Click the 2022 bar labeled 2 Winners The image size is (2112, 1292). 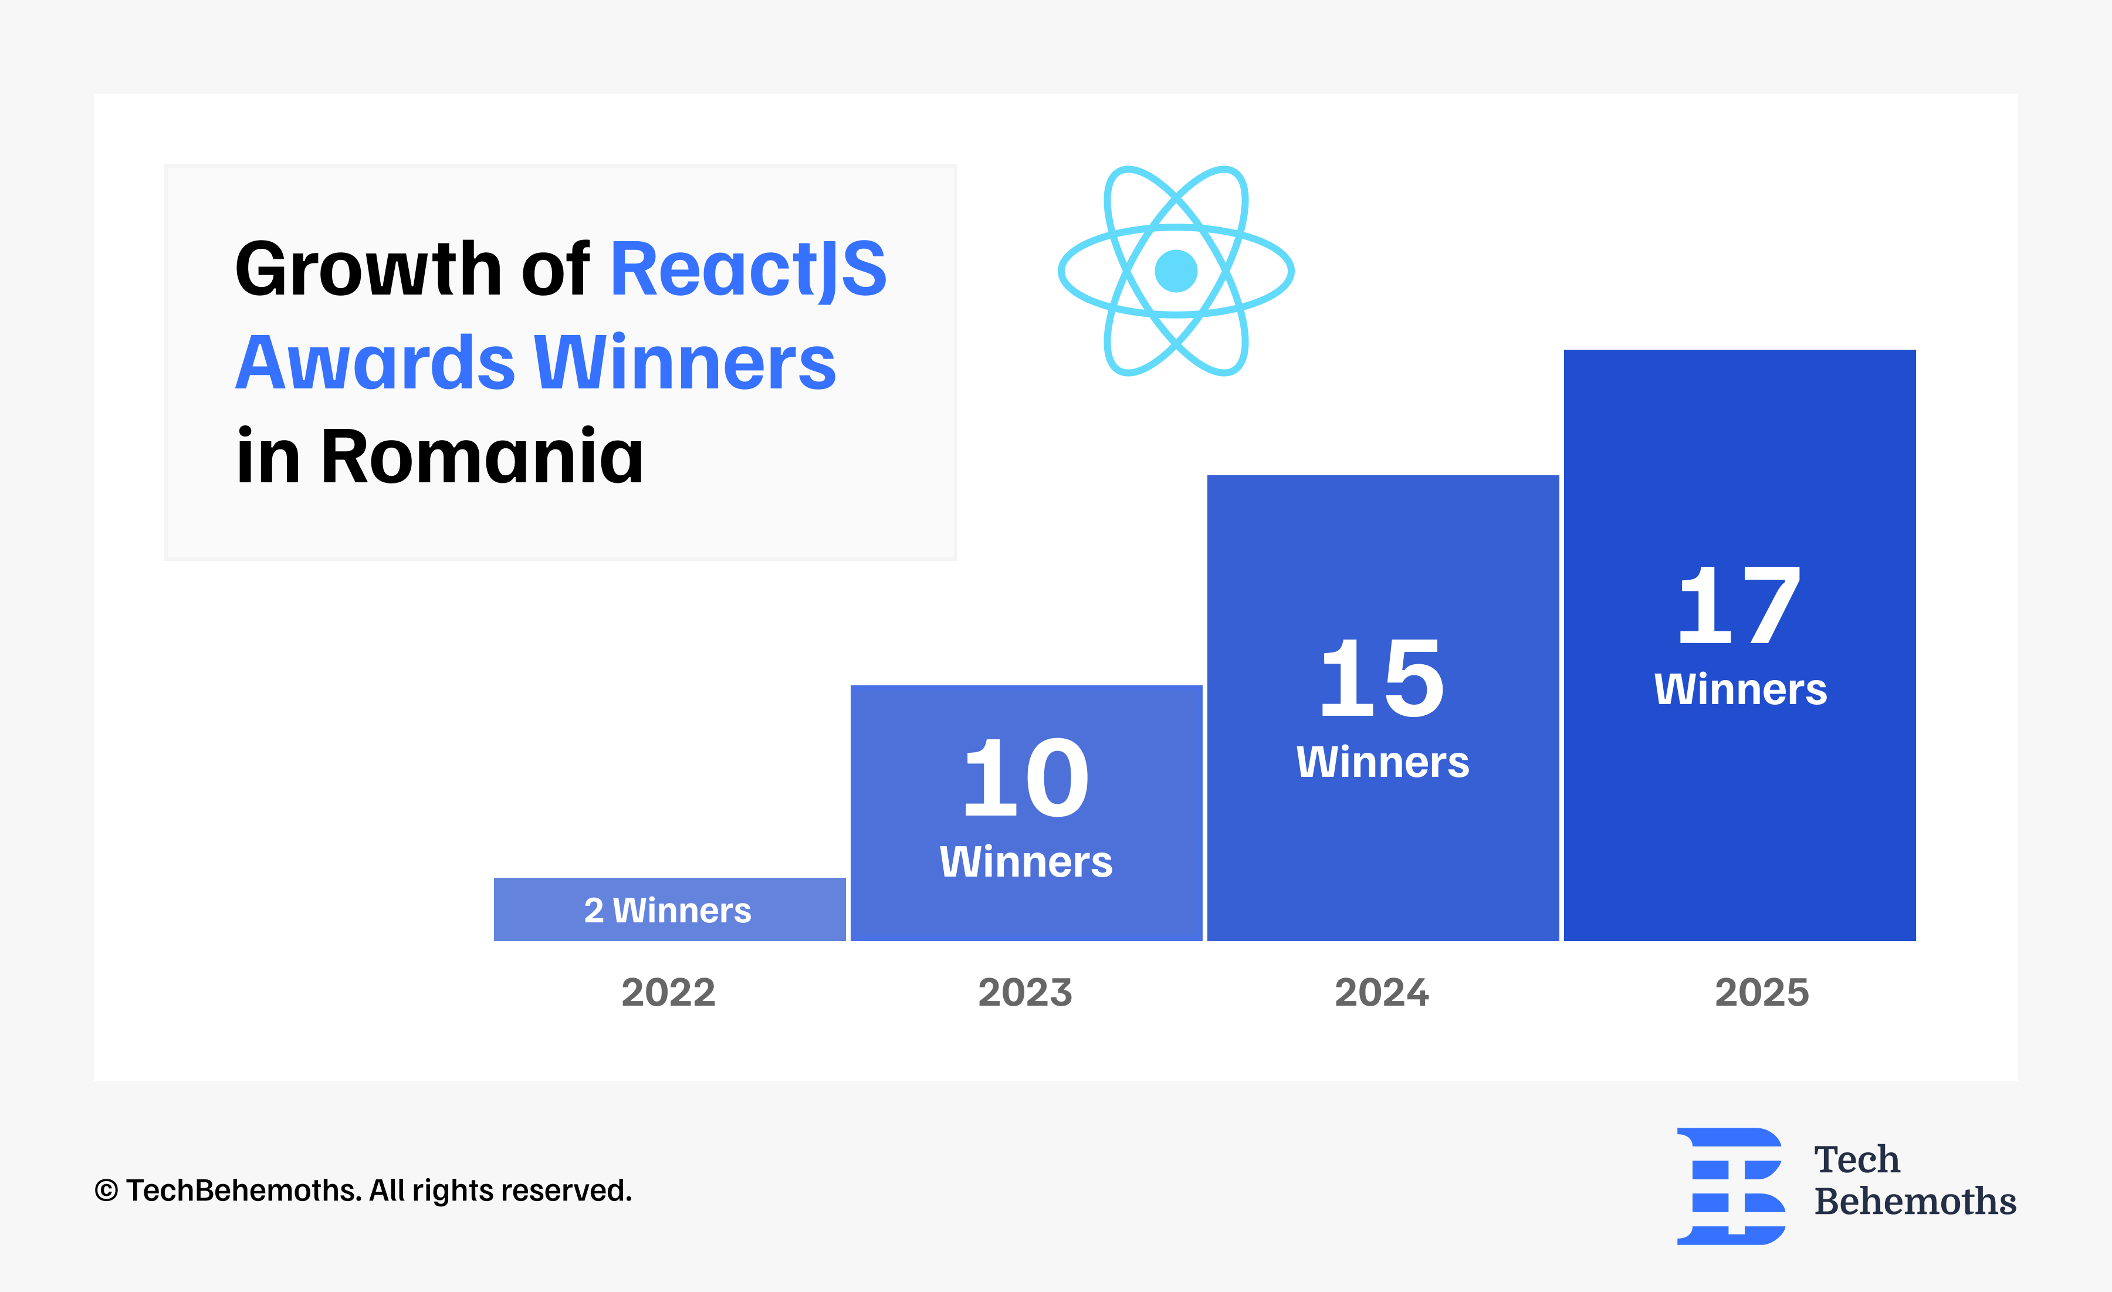tap(669, 909)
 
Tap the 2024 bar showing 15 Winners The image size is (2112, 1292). tap(1383, 708)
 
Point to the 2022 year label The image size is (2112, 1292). tap(669, 993)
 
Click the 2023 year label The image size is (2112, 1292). tap(1025, 993)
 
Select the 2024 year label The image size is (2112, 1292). tap(1382, 993)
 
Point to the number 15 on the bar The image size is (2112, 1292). tap(1383, 678)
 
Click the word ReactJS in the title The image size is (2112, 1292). tap(748, 270)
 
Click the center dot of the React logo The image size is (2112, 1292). tap(1176, 271)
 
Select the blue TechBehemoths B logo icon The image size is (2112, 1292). tap(1731, 1186)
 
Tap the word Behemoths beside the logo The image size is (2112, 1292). tap(1915, 1201)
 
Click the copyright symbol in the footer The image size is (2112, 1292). tap(106, 1191)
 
